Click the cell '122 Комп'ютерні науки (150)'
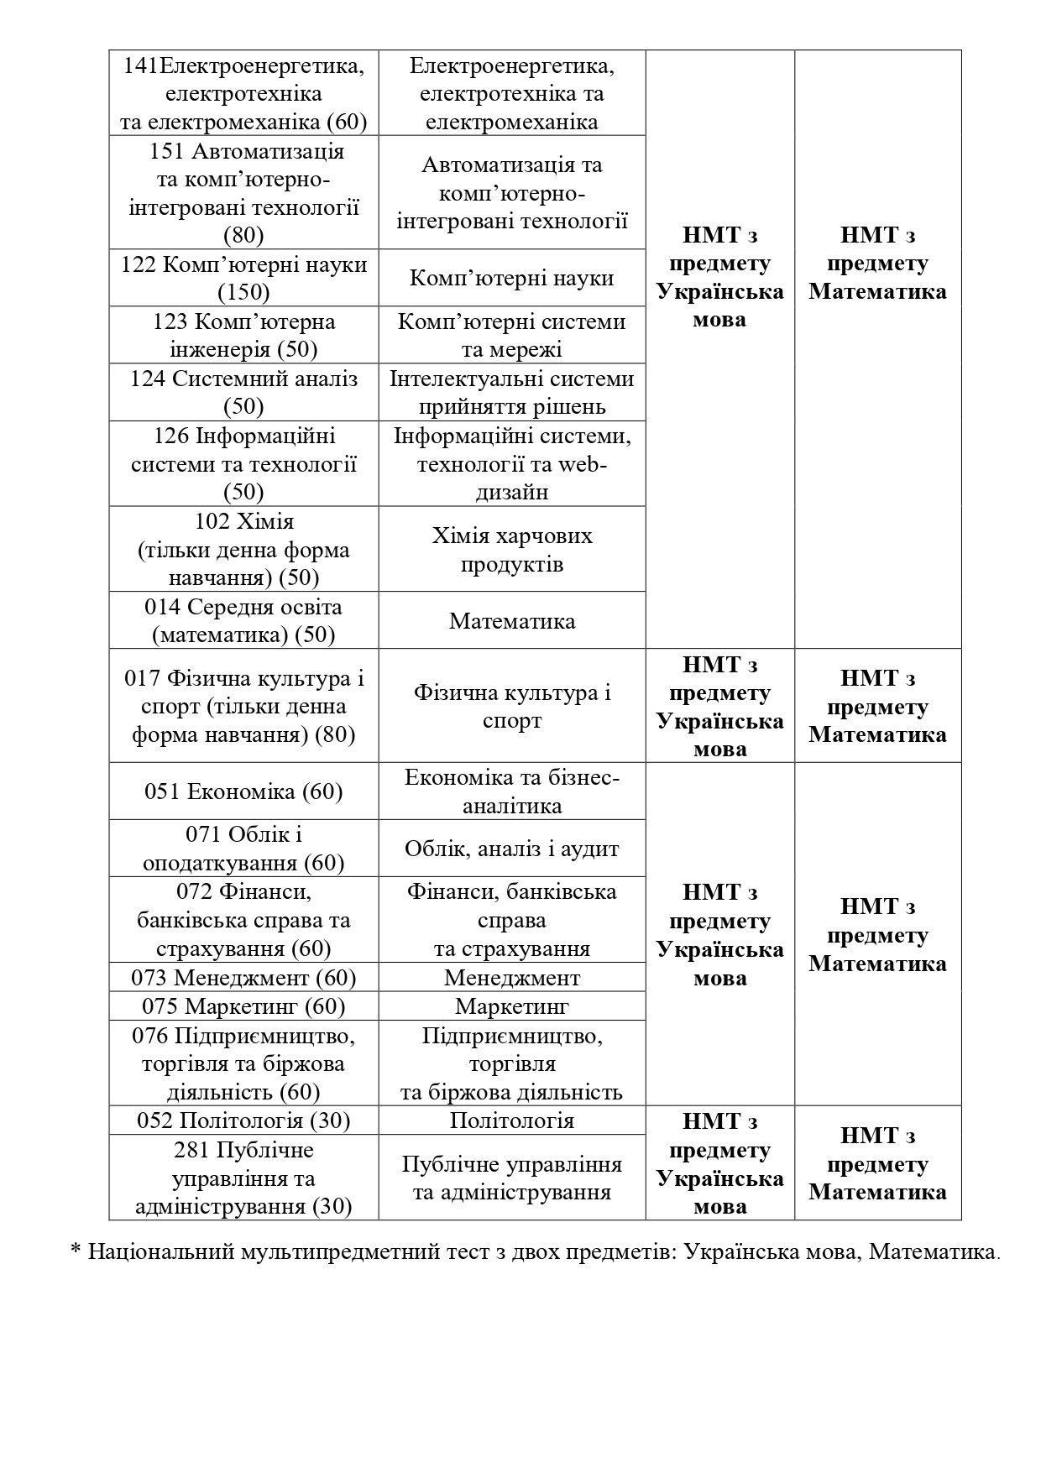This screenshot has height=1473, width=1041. tap(243, 278)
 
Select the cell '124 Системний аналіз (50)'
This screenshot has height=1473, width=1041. tap(243, 392)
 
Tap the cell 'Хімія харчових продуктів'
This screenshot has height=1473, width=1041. tap(512, 549)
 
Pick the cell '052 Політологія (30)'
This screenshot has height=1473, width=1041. tap(243, 1120)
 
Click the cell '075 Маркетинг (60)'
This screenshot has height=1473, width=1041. tap(243, 1006)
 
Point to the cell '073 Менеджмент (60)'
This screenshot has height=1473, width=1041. tap(243, 978)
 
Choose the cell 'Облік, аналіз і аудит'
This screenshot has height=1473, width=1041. tap(512, 849)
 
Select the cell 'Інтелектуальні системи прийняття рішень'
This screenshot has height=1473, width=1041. tap(512, 392)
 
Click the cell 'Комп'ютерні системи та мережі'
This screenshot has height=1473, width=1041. tap(512, 335)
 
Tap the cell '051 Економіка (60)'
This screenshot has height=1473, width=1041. tap(243, 791)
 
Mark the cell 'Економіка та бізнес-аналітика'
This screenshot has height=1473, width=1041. tap(512, 791)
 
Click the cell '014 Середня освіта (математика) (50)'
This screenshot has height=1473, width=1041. tap(243, 620)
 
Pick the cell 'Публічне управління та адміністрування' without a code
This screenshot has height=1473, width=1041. tap(512, 1178)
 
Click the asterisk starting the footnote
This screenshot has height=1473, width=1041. tap(76, 1252)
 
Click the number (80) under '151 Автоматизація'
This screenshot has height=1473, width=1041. tap(243, 235)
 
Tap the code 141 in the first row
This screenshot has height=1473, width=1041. tap(140, 65)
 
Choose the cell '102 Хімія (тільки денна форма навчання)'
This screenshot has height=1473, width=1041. tap(243, 549)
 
